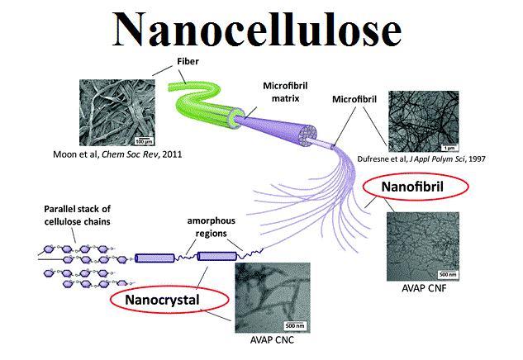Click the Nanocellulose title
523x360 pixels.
(x=257, y=30)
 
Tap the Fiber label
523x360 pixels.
(x=188, y=61)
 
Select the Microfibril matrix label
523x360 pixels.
(x=285, y=92)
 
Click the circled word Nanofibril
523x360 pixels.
(x=412, y=187)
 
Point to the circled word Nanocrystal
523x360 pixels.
(x=162, y=300)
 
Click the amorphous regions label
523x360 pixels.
(x=212, y=227)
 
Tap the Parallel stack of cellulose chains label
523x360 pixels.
(x=77, y=216)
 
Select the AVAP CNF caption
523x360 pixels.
(x=424, y=288)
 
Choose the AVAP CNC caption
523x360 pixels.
(x=272, y=339)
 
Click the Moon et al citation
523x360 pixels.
(x=117, y=154)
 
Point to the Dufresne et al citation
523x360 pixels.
(x=421, y=159)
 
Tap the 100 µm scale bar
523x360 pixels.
(x=144, y=140)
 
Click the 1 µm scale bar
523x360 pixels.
(x=449, y=147)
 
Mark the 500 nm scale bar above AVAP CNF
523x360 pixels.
(x=448, y=274)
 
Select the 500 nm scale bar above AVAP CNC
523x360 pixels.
(x=295, y=325)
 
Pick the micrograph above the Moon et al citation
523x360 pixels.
(x=117, y=112)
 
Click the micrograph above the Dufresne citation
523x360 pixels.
(x=424, y=121)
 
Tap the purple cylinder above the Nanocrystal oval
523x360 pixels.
(x=217, y=256)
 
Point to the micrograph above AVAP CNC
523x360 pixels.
(x=273, y=298)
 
